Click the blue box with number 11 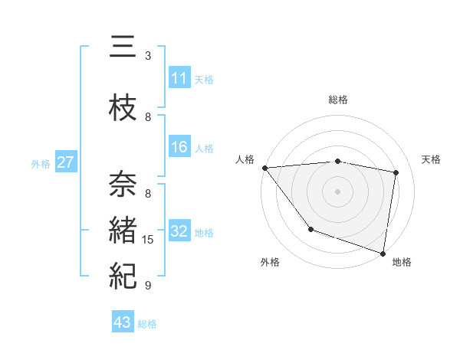pyautogui.click(x=179, y=77)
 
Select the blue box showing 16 pyautogui.click(x=179, y=147)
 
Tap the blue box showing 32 pyautogui.click(x=179, y=231)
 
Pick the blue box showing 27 pyautogui.click(x=66, y=162)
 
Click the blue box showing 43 pyautogui.click(x=123, y=322)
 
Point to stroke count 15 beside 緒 pyautogui.click(x=149, y=240)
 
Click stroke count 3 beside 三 pyautogui.click(x=148, y=56)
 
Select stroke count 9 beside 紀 pyautogui.click(x=148, y=286)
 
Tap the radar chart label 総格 pyautogui.click(x=338, y=100)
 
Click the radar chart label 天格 pyautogui.click(x=431, y=159)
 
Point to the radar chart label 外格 pyautogui.click(x=270, y=262)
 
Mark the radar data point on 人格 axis pyautogui.click(x=264, y=168)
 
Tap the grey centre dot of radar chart pyautogui.click(x=338, y=191)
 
